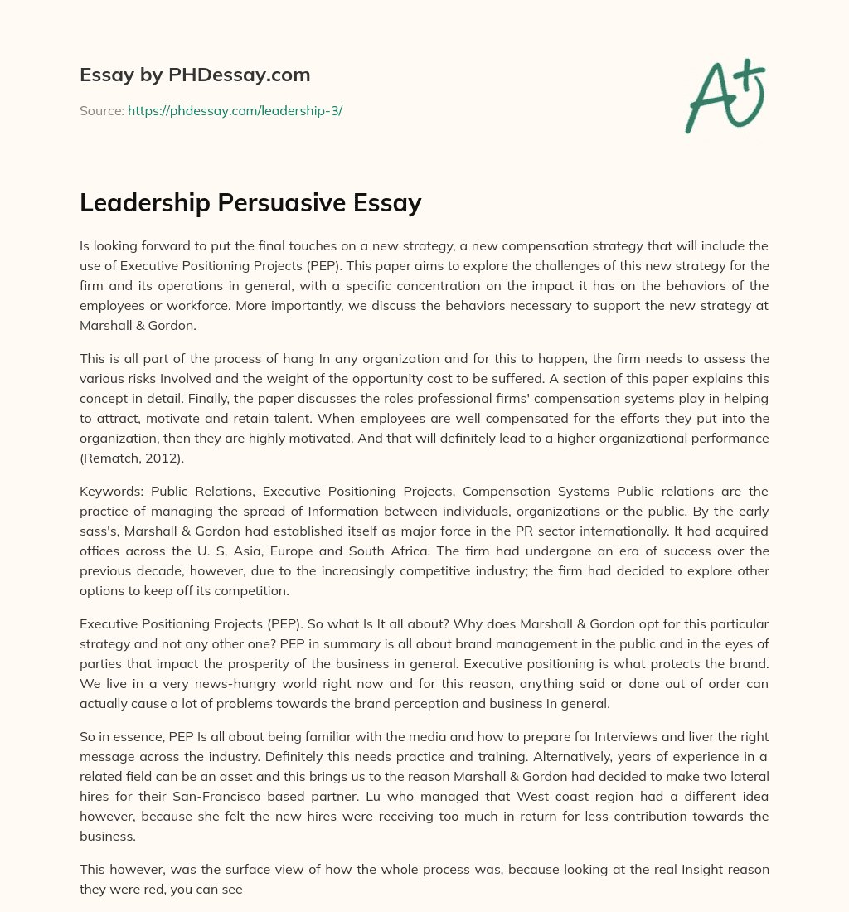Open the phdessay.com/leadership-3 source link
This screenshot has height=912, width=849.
point(235,110)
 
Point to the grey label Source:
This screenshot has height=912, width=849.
point(101,110)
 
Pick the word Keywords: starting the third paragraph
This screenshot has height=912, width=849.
point(112,491)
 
